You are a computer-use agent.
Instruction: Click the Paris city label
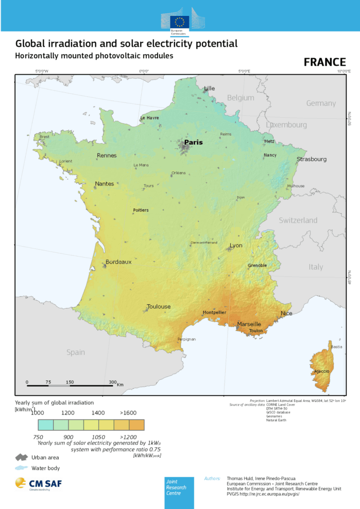pyautogui.click(x=193, y=142)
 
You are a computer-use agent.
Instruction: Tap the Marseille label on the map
pyautogui.click(x=249, y=324)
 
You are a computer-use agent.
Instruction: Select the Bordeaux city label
pyautogui.click(x=118, y=262)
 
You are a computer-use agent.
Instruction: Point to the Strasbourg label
pyautogui.click(x=312, y=159)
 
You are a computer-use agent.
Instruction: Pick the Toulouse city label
pyautogui.click(x=159, y=307)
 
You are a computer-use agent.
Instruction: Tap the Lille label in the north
pyautogui.click(x=209, y=88)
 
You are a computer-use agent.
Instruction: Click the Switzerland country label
pyautogui.click(x=298, y=220)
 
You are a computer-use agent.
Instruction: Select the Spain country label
pyautogui.click(x=76, y=352)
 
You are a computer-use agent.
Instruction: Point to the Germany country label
pyautogui.click(x=321, y=103)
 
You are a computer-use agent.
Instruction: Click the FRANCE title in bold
pyautogui.click(x=325, y=62)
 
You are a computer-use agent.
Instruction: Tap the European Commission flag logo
pyautogui.click(x=179, y=21)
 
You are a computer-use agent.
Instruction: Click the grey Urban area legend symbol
pyautogui.click(x=21, y=457)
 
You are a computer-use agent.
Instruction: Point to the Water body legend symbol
pyautogui.click(x=21, y=468)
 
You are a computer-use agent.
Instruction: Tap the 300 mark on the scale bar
pyautogui.click(x=112, y=382)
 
